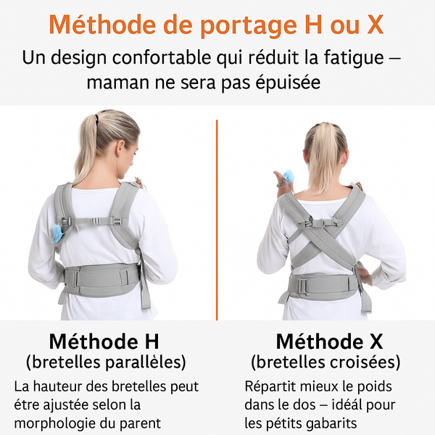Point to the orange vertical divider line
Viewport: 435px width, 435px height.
(217, 217)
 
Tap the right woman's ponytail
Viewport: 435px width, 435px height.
(324, 156)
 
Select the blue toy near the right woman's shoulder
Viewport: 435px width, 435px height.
(288, 176)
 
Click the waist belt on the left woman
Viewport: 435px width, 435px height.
(101, 276)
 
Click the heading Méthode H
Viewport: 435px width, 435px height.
(104, 341)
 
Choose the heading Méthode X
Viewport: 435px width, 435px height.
(330, 341)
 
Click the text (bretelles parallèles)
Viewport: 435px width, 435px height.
(106, 361)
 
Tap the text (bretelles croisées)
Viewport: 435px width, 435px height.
(326, 361)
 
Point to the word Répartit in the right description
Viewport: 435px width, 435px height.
(270, 386)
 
